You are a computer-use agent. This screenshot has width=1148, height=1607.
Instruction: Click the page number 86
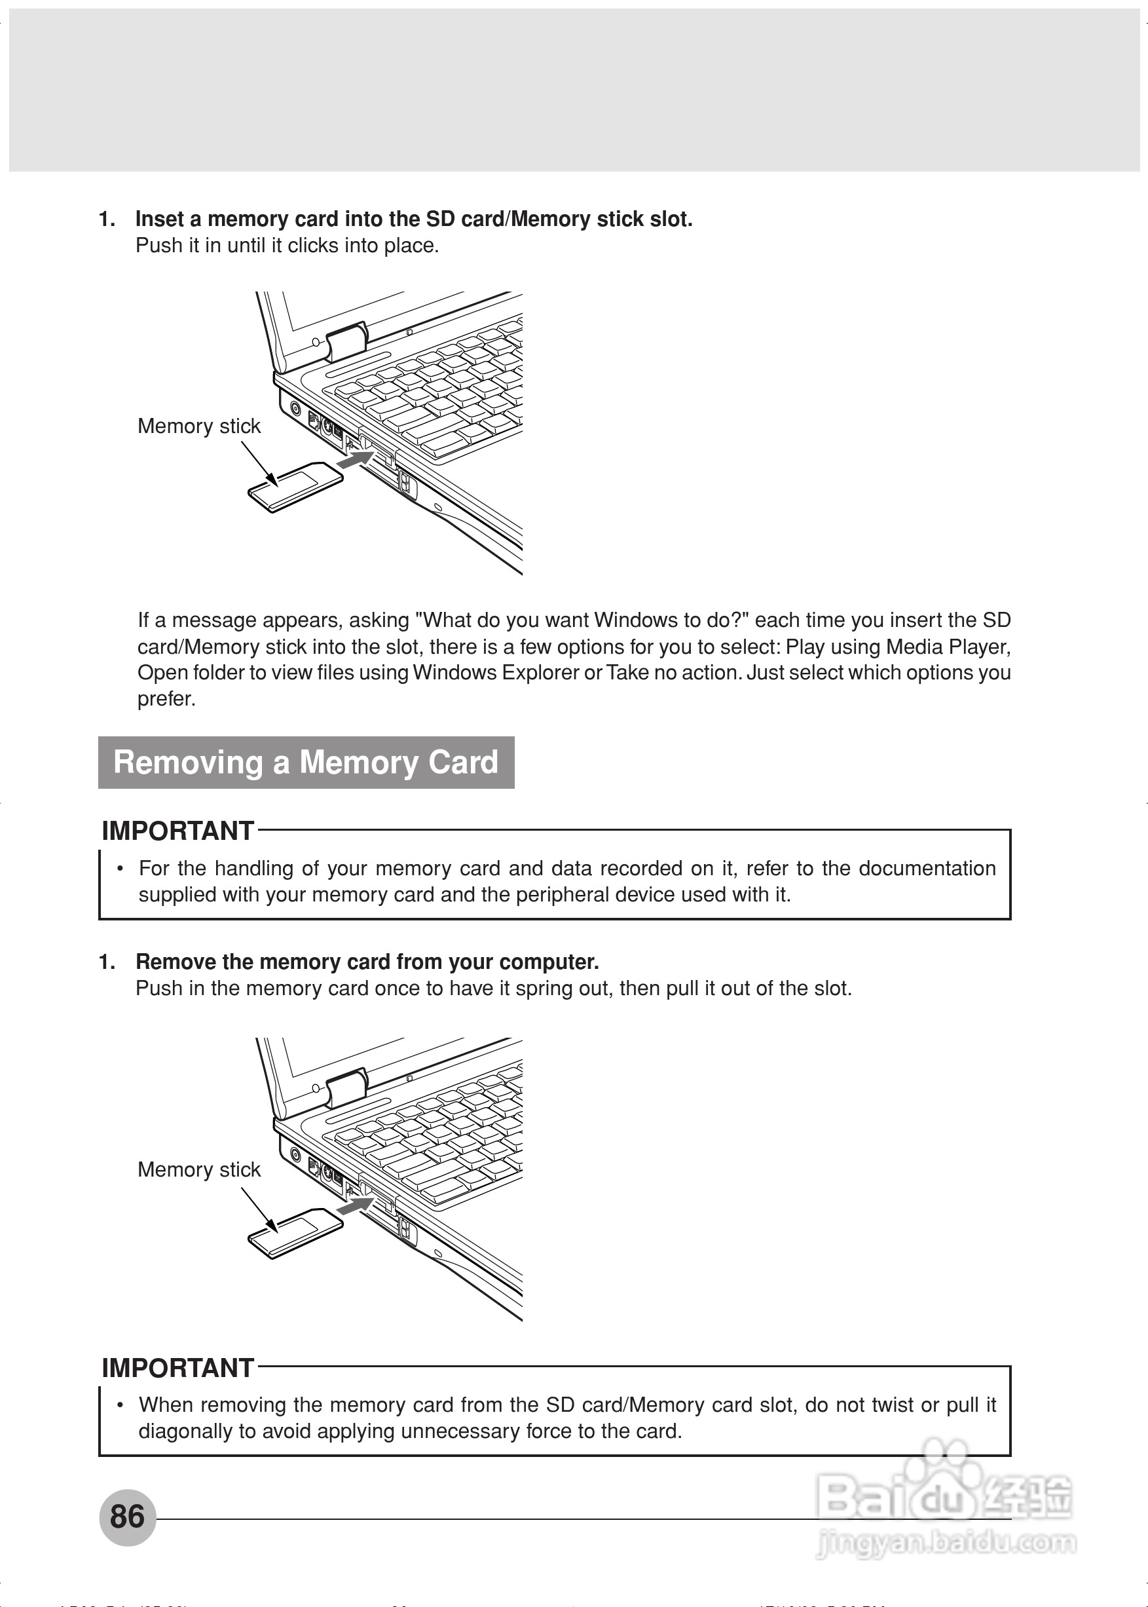(x=127, y=1517)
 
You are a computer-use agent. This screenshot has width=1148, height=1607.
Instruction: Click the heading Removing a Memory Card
(x=305, y=763)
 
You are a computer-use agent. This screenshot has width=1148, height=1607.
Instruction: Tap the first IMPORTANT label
(x=177, y=831)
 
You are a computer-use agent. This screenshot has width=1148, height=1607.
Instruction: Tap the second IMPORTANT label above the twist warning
(x=177, y=1368)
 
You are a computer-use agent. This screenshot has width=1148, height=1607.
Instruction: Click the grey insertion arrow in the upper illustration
(x=355, y=459)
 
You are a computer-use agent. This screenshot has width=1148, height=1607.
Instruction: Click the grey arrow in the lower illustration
(x=355, y=1206)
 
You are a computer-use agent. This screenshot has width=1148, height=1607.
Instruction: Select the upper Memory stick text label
(x=198, y=426)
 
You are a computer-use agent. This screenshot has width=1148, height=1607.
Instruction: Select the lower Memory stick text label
(x=198, y=1170)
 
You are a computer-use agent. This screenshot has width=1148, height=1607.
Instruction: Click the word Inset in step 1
(x=160, y=219)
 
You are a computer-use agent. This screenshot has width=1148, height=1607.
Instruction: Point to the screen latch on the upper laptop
(x=346, y=341)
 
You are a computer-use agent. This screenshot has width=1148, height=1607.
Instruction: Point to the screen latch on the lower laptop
(x=346, y=1087)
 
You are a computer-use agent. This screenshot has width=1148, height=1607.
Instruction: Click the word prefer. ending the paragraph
(x=166, y=699)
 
